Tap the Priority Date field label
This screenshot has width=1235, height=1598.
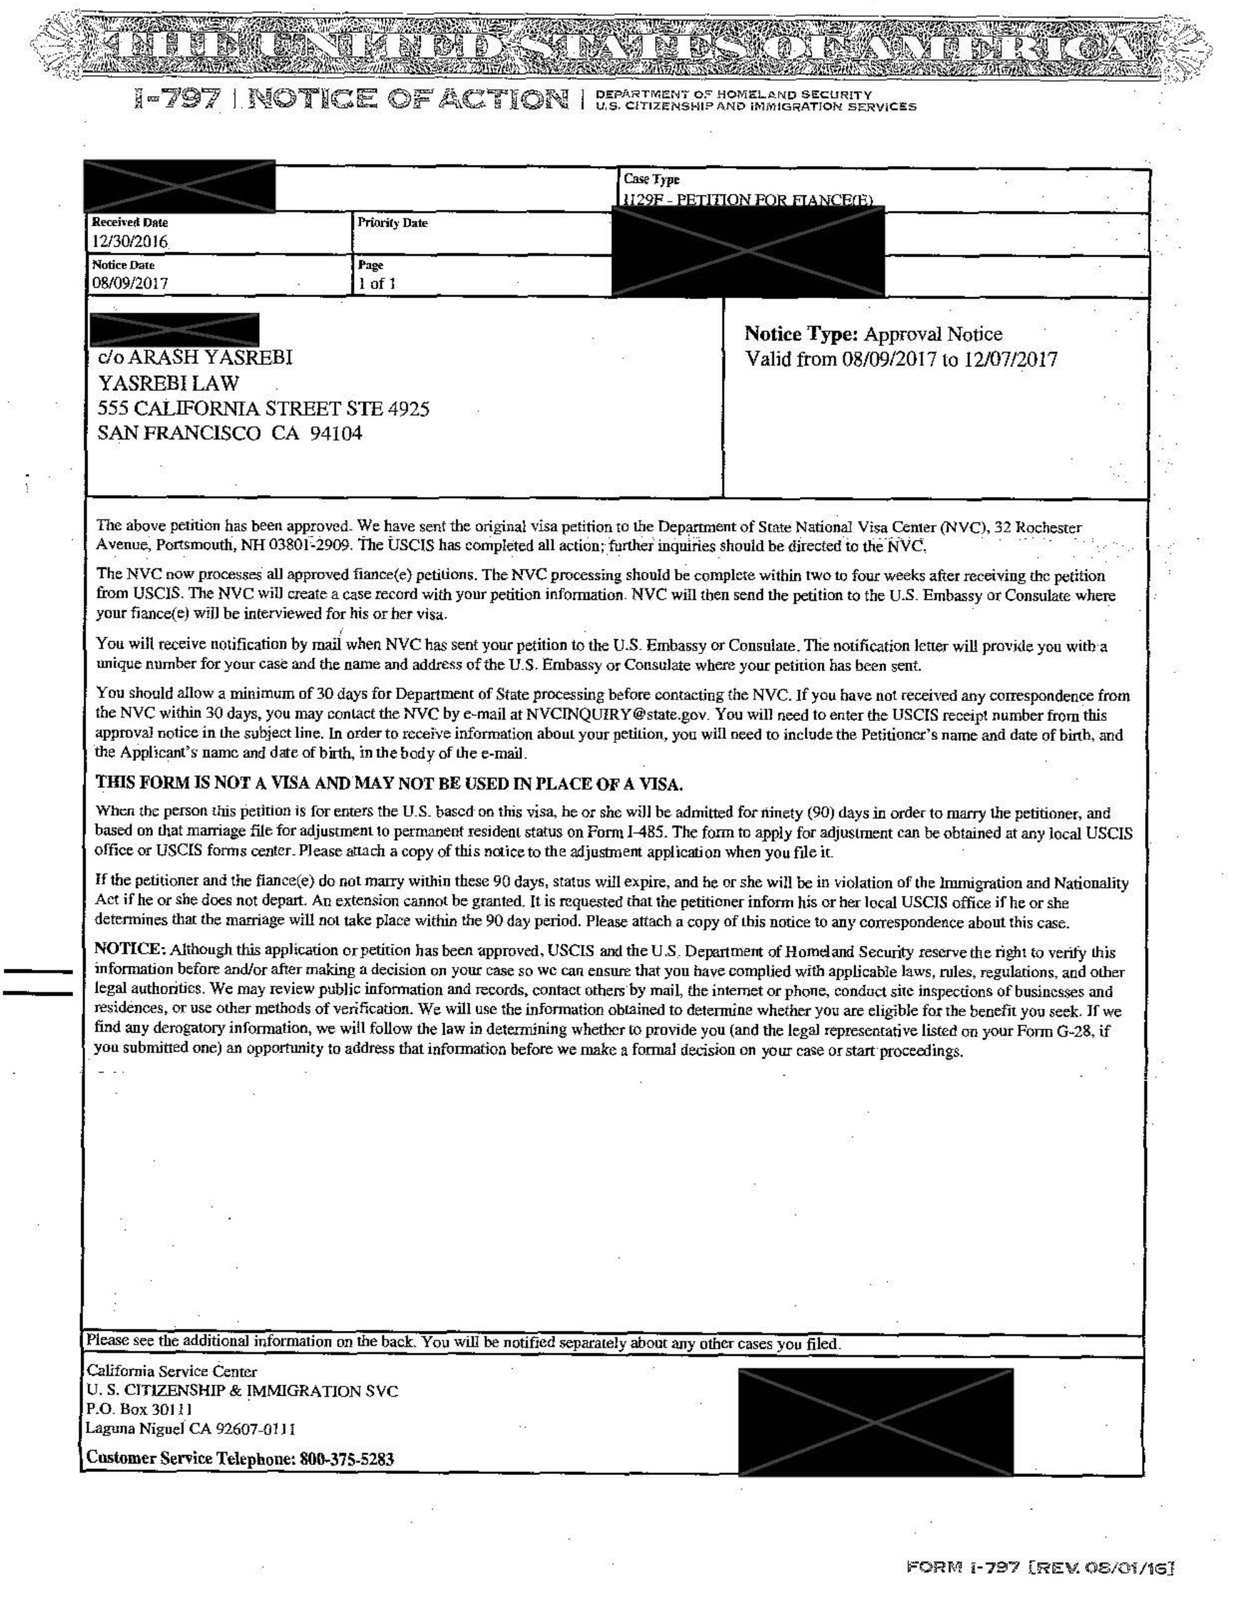(x=391, y=222)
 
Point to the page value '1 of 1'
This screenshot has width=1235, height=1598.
(x=376, y=284)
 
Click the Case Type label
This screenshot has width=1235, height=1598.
(x=651, y=179)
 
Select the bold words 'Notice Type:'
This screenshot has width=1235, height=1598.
(x=800, y=335)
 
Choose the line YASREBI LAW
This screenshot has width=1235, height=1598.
(x=169, y=383)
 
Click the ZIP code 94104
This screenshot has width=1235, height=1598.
(x=335, y=433)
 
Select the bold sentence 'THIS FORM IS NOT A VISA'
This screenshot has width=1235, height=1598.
(x=389, y=783)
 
